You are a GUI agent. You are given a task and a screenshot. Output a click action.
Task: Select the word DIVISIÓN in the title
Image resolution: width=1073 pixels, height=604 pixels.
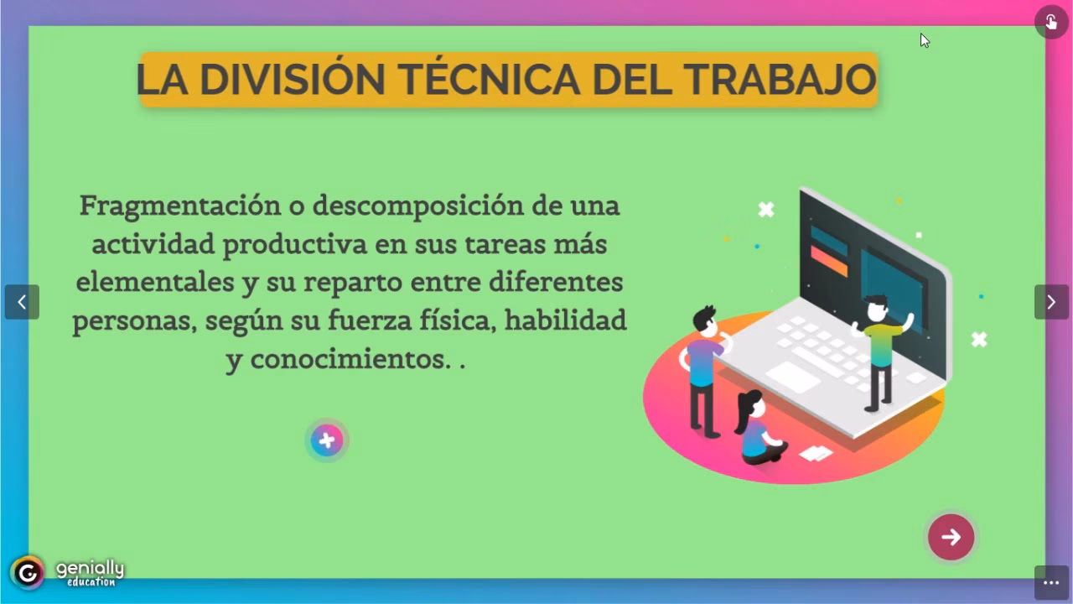coord(293,80)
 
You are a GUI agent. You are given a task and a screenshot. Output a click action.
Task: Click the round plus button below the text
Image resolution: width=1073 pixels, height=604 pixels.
coord(327,440)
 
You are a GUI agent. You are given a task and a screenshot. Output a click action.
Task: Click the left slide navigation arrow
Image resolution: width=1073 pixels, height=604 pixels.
coord(22,302)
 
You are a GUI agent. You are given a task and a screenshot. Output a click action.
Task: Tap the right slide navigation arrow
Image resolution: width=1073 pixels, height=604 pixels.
coord(1051,302)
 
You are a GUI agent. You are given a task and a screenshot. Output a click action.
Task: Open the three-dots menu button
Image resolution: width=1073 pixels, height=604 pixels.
coord(1051,583)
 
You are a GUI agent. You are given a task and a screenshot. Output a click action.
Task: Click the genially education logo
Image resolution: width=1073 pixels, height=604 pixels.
coord(67,573)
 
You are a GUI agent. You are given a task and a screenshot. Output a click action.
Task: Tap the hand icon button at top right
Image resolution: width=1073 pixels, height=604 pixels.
coord(1051,22)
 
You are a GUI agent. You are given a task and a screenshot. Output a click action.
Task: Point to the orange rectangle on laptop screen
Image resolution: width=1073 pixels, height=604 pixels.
coord(829,261)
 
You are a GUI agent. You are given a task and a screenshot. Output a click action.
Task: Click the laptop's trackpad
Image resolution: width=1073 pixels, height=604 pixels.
coord(792,377)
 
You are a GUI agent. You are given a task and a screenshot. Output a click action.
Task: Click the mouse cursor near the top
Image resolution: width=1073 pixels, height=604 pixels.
coord(925,40)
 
